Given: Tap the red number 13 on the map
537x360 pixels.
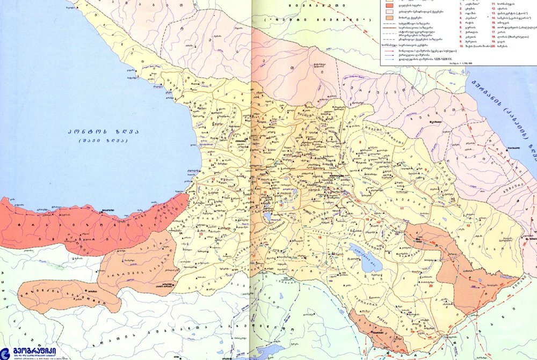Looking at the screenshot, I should point(201,234).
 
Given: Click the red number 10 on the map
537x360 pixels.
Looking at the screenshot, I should point(468,225).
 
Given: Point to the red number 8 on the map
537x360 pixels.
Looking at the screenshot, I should point(360,142).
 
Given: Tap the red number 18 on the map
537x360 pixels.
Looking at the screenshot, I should point(320,237).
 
